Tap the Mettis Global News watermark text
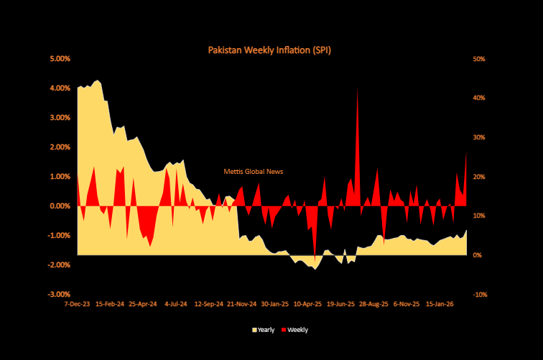pyautogui.click(x=254, y=172)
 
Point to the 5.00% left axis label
pyautogui.click(x=60, y=58)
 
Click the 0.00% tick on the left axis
pyautogui.click(x=60, y=206)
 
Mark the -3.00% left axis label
pyautogui.click(x=59, y=294)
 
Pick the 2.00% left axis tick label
pyautogui.click(x=60, y=147)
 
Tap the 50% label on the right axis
pyautogui.click(x=479, y=58)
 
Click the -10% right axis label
pyautogui.click(x=479, y=294)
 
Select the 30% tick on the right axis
pyautogui.click(x=479, y=137)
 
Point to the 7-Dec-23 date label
pyautogui.click(x=78, y=303)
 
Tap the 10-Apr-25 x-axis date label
pyautogui.click(x=307, y=303)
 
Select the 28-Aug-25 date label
pyautogui.click(x=373, y=303)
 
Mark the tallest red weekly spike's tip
pyautogui.click(x=358, y=88)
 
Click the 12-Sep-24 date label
pyautogui.click(x=208, y=303)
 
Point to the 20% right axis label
pyautogui.click(x=479, y=176)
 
